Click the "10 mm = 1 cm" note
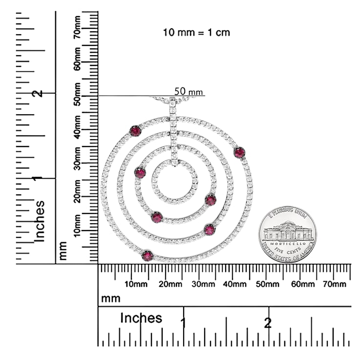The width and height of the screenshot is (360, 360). pyautogui.click(x=196, y=32)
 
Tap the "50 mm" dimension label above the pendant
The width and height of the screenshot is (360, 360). pyautogui.click(x=189, y=91)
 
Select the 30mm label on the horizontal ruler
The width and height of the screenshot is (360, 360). pyautogui.click(x=203, y=284)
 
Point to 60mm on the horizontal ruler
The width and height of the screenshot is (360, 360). pyautogui.click(x=302, y=284)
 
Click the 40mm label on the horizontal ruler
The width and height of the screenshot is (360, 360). pyautogui.click(x=234, y=284)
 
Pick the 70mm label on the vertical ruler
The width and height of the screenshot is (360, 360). pyautogui.click(x=77, y=27)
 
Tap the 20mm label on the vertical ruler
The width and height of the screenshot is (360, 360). pyautogui.click(x=77, y=191)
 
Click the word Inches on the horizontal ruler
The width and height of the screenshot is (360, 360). pyautogui.click(x=141, y=318)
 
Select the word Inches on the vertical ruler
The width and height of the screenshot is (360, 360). pyautogui.click(x=39, y=221)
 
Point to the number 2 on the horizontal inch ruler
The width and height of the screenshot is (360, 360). pyautogui.click(x=268, y=323)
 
